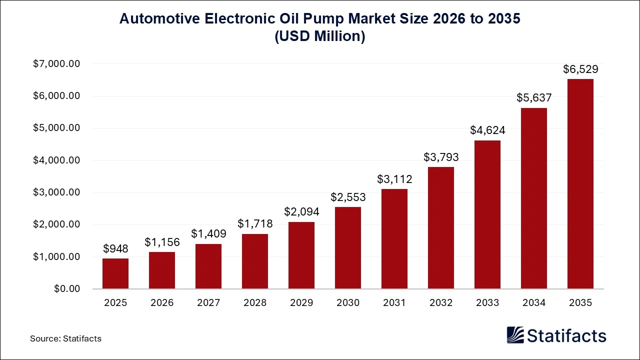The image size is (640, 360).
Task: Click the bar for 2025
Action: [x=115, y=273]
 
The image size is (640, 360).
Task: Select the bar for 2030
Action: [x=348, y=248]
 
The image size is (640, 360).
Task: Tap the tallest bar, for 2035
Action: [x=580, y=184]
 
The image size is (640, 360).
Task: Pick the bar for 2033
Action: [x=487, y=214]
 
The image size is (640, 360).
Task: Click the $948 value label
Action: [x=115, y=248]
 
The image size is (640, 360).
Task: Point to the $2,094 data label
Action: [x=301, y=211]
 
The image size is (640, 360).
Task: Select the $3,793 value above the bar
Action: [x=441, y=157]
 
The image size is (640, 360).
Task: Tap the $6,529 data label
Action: [x=580, y=69]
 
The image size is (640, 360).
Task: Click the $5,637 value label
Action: [x=534, y=98]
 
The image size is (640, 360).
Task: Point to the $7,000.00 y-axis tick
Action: [x=56, y=64]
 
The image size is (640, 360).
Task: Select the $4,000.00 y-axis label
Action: [x=56, y=160]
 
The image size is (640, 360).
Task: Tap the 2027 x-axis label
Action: [x=208, y=303]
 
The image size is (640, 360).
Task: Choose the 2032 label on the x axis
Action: [x=441, y=303]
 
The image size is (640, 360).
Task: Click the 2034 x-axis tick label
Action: [x=534, y=303]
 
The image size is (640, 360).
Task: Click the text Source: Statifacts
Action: [x=65, y=338]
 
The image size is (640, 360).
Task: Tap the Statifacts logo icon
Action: [x=515, y=335]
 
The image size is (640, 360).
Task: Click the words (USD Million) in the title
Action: [x=320, y=37]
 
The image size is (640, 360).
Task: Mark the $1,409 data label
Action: [x=208, y=233]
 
